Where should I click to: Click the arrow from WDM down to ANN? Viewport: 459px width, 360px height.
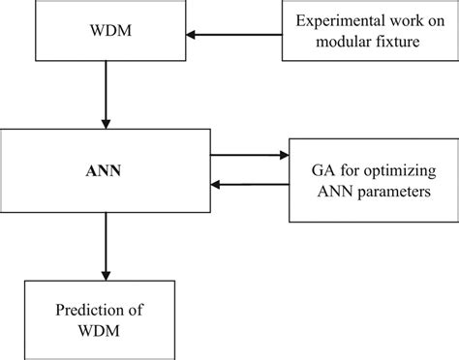(106, 97)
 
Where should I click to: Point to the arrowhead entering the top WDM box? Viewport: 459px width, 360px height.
(192, 35)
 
